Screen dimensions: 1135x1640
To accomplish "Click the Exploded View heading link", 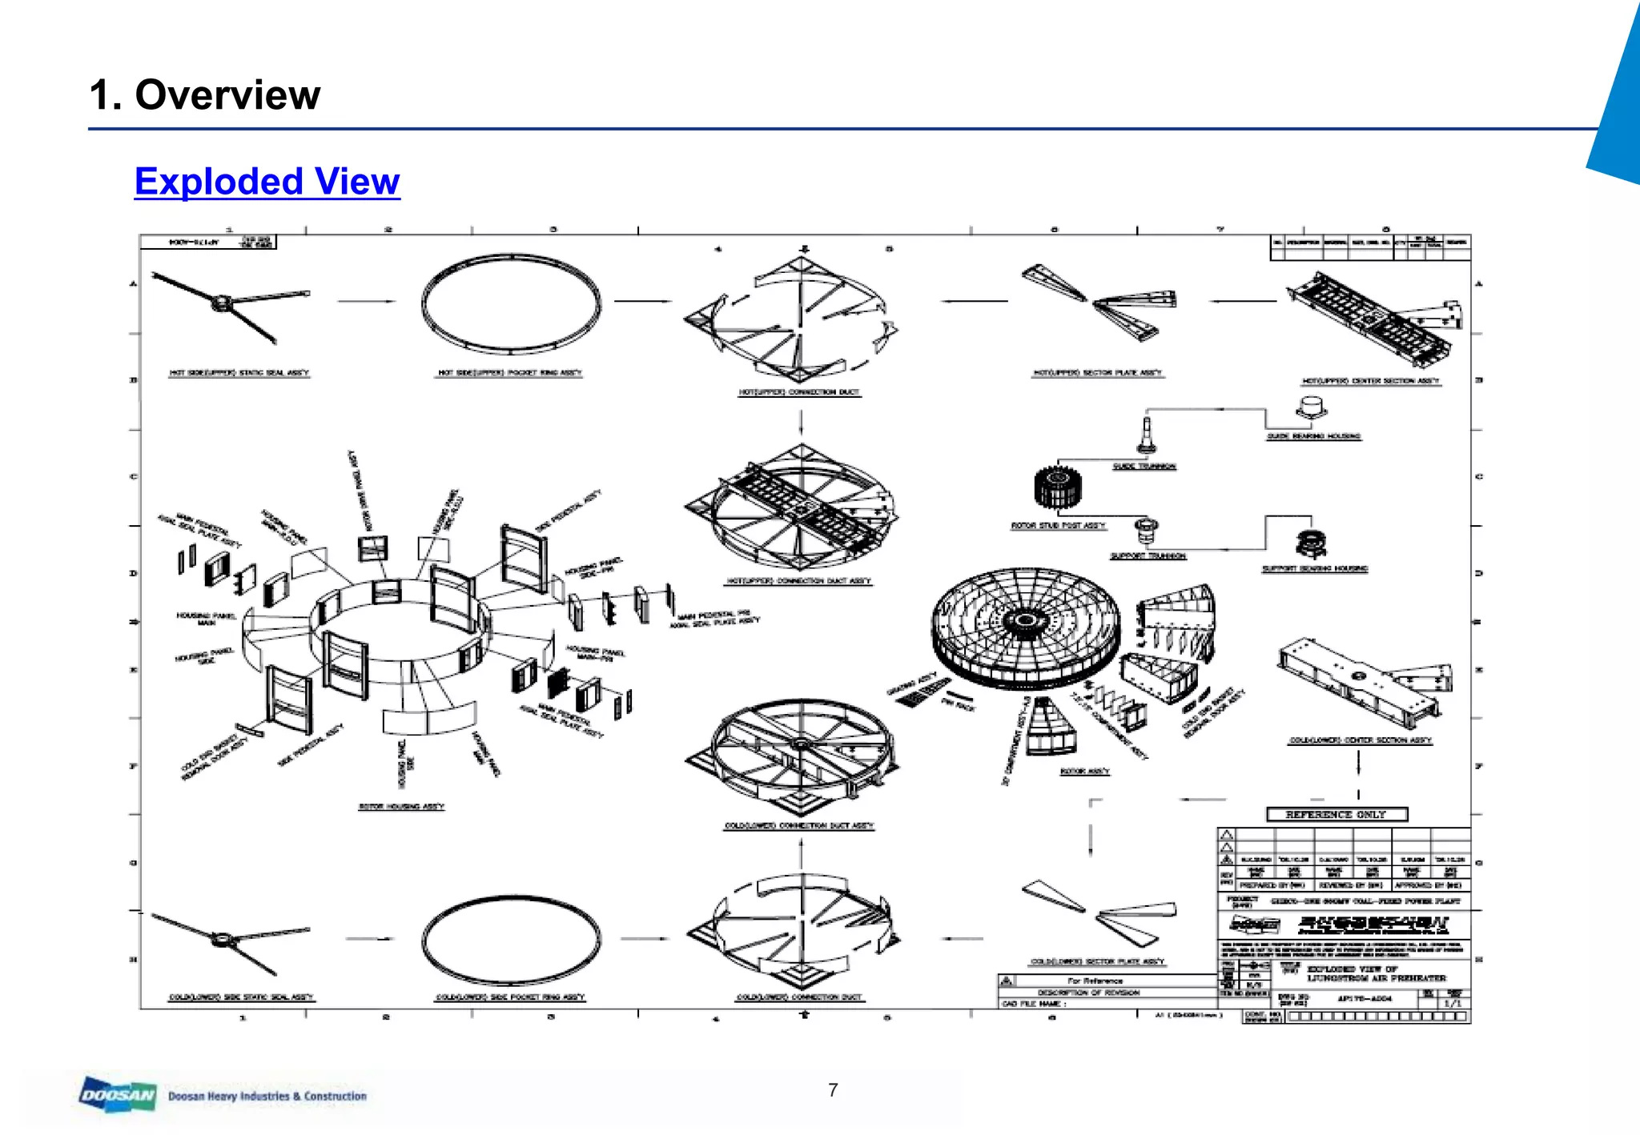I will [x=267, y=182].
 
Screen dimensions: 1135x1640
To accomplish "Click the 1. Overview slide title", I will [x=204, y=95].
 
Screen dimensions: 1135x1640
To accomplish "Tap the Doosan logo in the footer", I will [x=117, y=1094].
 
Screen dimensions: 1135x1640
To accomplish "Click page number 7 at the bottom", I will [x=833, y=1090].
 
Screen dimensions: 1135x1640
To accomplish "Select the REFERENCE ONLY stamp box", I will [x=1336, y=814].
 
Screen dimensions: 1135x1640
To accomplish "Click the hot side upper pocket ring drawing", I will [x=511, y=303].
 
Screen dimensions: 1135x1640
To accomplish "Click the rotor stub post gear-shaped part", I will [x=1057, y=487].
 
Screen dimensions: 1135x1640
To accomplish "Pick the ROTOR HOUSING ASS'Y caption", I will [x=401, y=807].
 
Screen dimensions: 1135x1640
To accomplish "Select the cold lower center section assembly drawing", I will [x=1361, y=680].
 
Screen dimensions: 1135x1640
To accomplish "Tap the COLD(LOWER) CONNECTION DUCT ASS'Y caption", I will [x=799, y=825].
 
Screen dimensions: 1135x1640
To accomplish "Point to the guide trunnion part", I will [x=1147, y=435].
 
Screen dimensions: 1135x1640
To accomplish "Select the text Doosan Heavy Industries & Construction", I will [x=267, y=1096].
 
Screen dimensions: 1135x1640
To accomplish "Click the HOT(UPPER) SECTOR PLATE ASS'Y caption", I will [x=1097, y=373].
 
